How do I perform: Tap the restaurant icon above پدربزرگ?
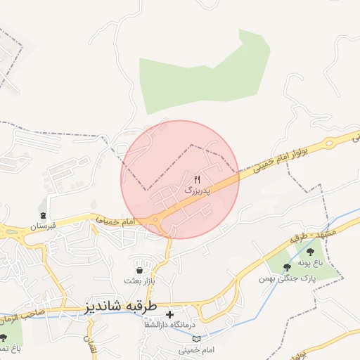point(196,180)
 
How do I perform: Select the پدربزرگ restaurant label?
point(196,191)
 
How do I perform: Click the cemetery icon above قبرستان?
point(44,215)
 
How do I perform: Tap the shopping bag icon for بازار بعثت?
point(139,270)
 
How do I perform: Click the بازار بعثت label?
point(139,281)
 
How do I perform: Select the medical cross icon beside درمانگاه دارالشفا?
point(169,314)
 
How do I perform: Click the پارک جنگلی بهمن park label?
point(286,278)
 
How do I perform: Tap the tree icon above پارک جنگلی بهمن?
point(286,267)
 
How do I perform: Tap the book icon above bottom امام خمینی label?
point(195,339)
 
